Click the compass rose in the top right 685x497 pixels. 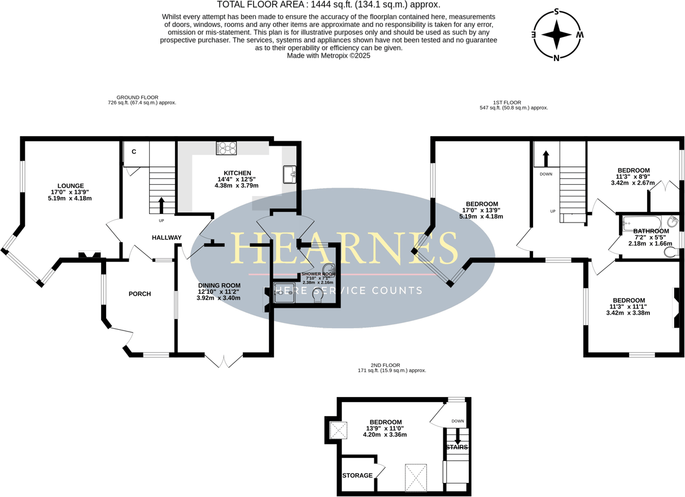557,34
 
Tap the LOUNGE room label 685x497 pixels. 71,186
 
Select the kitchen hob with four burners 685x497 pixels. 226,148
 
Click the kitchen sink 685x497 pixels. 289,175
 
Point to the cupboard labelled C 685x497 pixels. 134,152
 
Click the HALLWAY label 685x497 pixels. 167,238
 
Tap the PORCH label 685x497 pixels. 139,294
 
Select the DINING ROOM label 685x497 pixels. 219,285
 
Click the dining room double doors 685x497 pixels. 224,360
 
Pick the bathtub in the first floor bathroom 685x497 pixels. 641,224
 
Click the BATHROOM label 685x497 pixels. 651,231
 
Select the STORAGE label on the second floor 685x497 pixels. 357,476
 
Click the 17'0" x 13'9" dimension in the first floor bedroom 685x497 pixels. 481,210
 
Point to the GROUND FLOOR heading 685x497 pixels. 137,97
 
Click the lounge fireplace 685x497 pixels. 89,256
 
